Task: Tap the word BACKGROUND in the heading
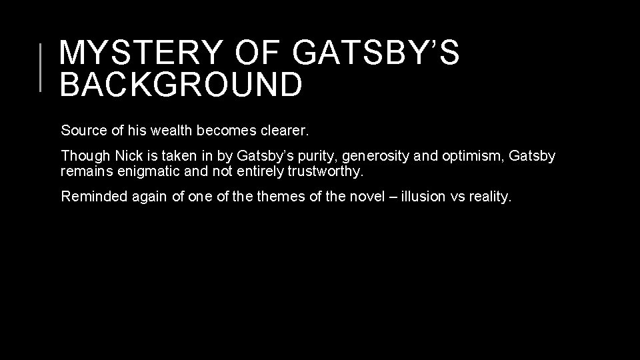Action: click(x=180, y=85)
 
